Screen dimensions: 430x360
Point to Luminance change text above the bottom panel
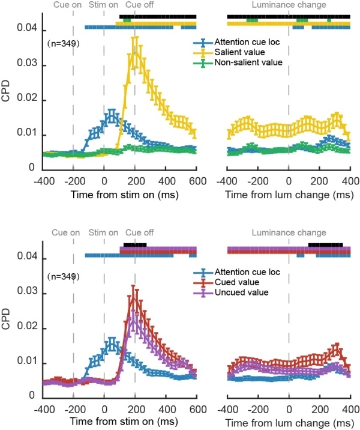289,232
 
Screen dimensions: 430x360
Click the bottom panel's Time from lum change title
289,422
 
